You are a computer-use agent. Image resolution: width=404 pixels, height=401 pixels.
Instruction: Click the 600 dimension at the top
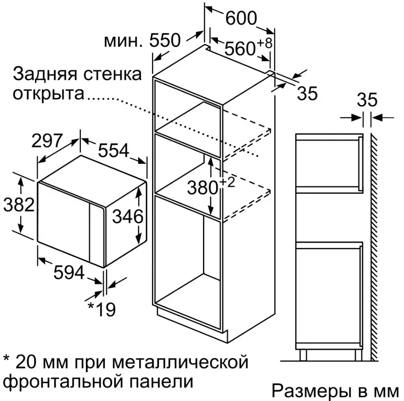pyautogui.click(x=241, y=18)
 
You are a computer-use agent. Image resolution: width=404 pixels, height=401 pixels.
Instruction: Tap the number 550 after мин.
pyautogui.click(x=165, y=40)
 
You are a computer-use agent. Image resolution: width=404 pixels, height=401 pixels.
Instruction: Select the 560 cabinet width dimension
pyautogui.click(x=240, y=49)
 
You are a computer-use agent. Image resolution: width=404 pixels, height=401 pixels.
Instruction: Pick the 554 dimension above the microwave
pyautogui.click(x=113, y=150)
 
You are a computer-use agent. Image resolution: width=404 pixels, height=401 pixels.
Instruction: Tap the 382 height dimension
pyautogui.click(x=19, y=205)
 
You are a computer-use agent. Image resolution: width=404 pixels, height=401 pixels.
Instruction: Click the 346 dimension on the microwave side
pyautogui.click(x=128, y=216)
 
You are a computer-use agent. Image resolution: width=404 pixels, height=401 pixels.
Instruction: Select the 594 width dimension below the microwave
pyautogui.click(x=69, y=272)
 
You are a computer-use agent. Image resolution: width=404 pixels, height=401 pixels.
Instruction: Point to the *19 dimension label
pyautogui.click(x=102, y=309)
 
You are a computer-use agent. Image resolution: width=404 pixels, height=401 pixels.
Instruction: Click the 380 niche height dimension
pyautogui.click(x=202, y=188)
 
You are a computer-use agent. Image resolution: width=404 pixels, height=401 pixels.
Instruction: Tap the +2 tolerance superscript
pyautogui.click(x=227, y=182)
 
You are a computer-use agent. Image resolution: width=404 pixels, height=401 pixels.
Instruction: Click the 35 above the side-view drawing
pyautogui.click(x=367, y=100)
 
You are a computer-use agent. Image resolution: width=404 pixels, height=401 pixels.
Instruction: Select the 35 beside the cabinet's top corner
pyautogui.click(x=307, y=93)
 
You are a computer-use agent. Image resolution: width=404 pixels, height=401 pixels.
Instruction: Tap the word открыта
pyautogui.click(x=49, y=94)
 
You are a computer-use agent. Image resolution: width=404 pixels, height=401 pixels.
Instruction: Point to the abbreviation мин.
pyautogui.click(x=123, y=42)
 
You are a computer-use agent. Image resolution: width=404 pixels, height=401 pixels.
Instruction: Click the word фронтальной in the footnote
pyautogui.click(x=64, y=381)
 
